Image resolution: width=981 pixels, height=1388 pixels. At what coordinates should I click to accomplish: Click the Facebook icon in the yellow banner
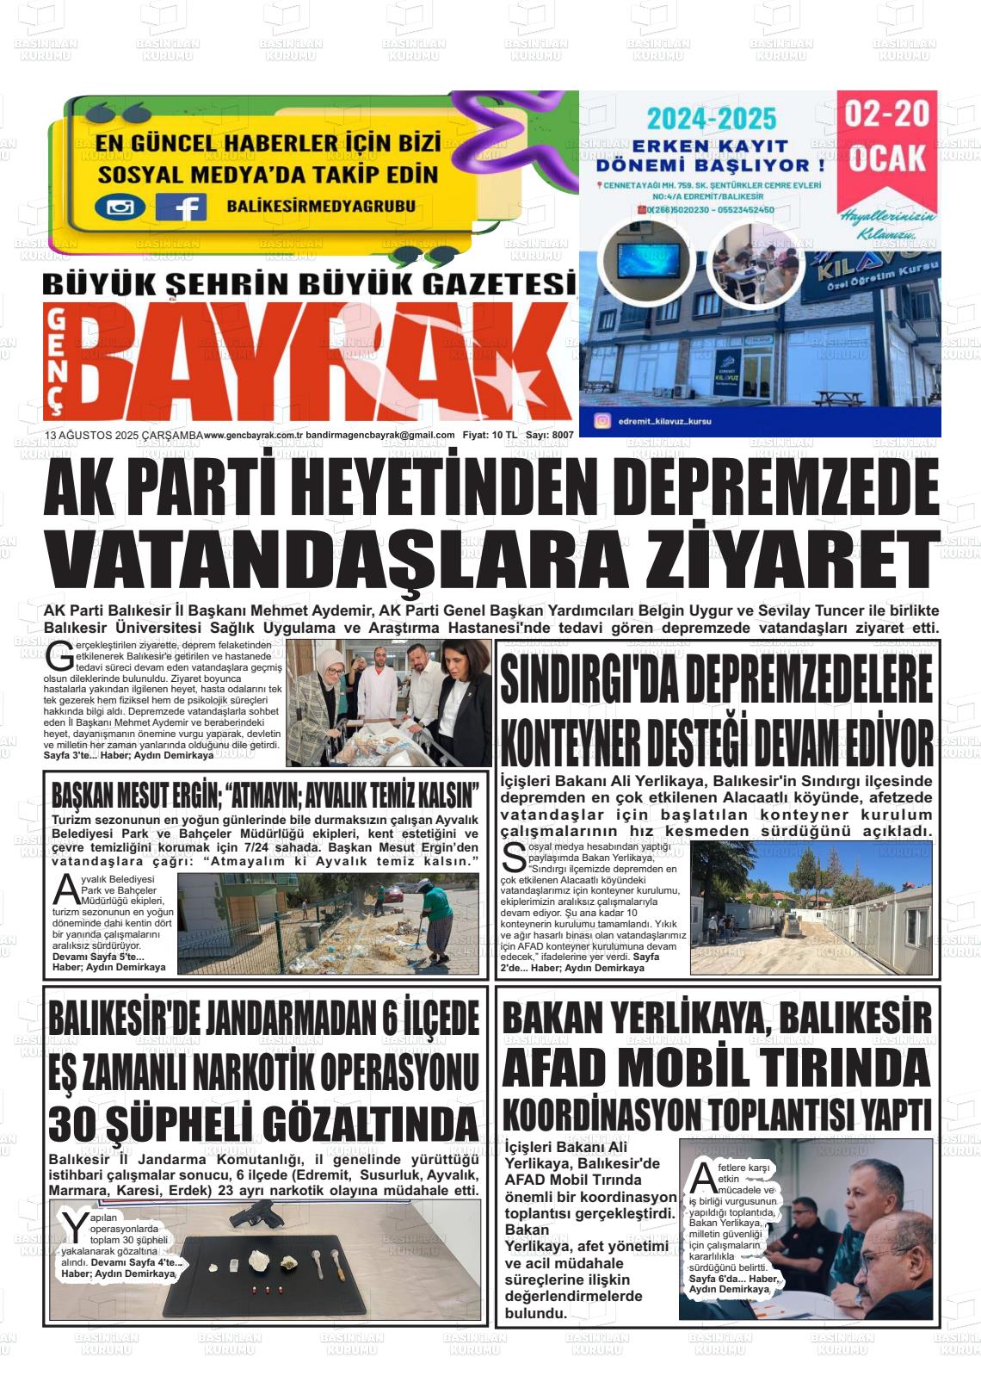(x=181, y=207)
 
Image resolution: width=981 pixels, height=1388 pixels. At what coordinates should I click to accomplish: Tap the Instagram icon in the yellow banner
(x=120, y=207)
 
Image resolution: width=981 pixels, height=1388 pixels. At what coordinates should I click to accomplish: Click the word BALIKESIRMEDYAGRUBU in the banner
(x=321, y=206)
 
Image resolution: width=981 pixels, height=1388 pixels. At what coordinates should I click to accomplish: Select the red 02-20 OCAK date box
(x=887, y=138)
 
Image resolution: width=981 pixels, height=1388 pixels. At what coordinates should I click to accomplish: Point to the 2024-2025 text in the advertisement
(x=712, y=118)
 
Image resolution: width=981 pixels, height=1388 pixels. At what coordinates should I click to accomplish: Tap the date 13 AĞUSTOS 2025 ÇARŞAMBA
(x=122, y=436)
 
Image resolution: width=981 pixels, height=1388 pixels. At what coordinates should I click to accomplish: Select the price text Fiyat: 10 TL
(x=489, y=436)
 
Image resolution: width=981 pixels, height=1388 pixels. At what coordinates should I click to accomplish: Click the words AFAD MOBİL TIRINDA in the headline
(x=717, y=1069)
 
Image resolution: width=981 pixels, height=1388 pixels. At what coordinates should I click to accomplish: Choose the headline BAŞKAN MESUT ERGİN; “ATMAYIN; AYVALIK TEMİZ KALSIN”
(x=264, y=792)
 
